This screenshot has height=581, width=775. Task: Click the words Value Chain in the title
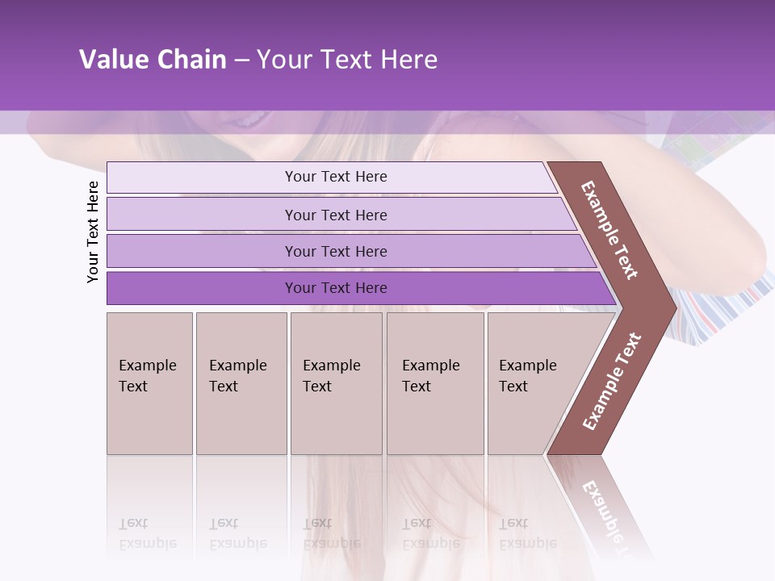(153, 60)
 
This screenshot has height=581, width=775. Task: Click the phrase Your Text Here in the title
(347, 60)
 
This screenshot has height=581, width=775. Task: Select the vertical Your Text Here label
(93, 232)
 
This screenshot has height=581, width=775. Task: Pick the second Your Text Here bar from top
(335, 215)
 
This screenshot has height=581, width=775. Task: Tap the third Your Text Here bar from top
(335, 251)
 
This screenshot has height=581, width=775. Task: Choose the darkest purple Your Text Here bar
(335, 288)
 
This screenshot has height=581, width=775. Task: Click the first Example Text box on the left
(149, 383)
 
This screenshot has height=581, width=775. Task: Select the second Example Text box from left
(241, 383)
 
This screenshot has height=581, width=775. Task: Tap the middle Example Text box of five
(335, 383)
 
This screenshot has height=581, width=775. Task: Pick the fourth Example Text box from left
(434, 383)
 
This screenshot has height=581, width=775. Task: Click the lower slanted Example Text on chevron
(612, 381)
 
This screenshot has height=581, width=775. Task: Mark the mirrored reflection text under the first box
(147, 534)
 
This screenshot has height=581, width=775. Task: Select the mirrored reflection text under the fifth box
(527, 534)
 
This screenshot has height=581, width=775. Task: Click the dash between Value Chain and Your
(241, 61)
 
